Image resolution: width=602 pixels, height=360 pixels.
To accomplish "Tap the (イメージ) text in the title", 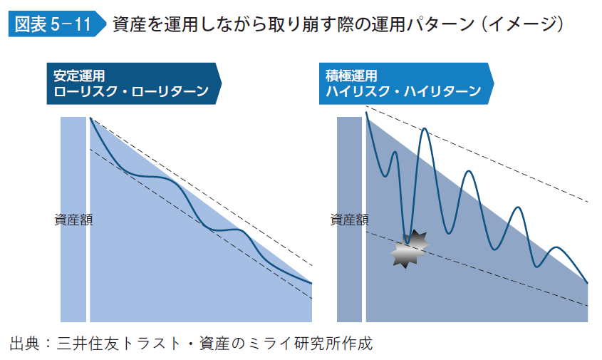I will pyautogui.click(x=523, y=25).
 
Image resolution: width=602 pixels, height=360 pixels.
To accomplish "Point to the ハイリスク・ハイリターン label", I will pyautogui.click(x=403, y=91).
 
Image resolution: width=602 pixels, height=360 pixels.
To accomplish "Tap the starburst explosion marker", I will pyautogui.click(x=409, y=249).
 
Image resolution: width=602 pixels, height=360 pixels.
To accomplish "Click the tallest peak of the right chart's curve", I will pyautogui.click(x=425, y=129).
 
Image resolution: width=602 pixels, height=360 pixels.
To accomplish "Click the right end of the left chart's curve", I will pyautogui.click(x=311, y=283).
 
